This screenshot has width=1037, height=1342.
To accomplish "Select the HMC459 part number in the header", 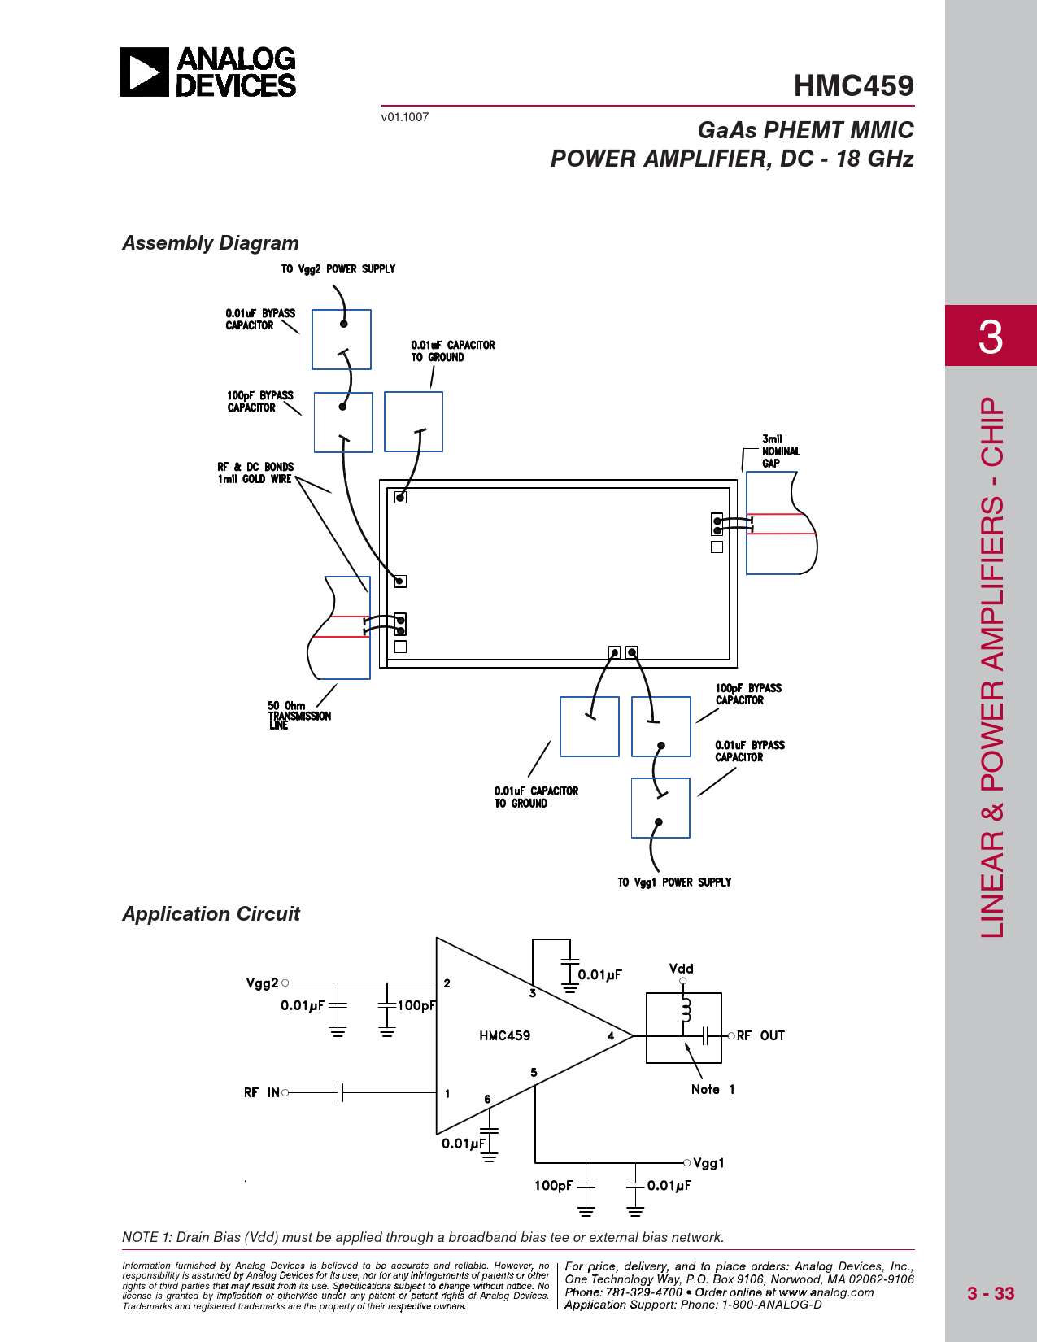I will click(853, 85).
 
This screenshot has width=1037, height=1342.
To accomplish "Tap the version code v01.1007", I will click(404, 117).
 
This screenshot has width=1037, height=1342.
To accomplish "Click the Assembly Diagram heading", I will click(211, 243).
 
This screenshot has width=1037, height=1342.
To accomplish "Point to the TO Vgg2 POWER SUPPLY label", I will click(338, 269).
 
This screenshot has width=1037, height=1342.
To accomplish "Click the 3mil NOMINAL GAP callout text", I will click(780, 451).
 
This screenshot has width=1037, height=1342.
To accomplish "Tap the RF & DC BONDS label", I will click(255, 467).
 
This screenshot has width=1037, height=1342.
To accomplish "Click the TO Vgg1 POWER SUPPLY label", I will click(674, 882).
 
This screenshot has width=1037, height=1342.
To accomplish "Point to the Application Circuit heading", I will click(211, 914).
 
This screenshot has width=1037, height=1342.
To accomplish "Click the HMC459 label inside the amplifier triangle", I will click(504, 1035).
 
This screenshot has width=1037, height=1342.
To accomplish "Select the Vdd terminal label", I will click(681, 969).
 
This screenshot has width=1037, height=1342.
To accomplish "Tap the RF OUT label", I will click(760, 1036).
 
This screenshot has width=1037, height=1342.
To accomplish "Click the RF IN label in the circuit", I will click(262, 1093).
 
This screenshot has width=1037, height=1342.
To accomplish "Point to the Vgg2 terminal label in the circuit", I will click(262, 983).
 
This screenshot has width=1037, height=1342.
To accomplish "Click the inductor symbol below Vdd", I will click(686, 1011).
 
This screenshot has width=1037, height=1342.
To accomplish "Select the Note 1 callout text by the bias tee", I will click(712, 1090).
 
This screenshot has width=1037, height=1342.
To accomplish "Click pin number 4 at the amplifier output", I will click(611, 1035).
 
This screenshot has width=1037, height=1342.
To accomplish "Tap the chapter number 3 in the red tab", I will click(990, 336).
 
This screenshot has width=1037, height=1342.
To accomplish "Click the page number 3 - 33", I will click(990, 1293).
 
